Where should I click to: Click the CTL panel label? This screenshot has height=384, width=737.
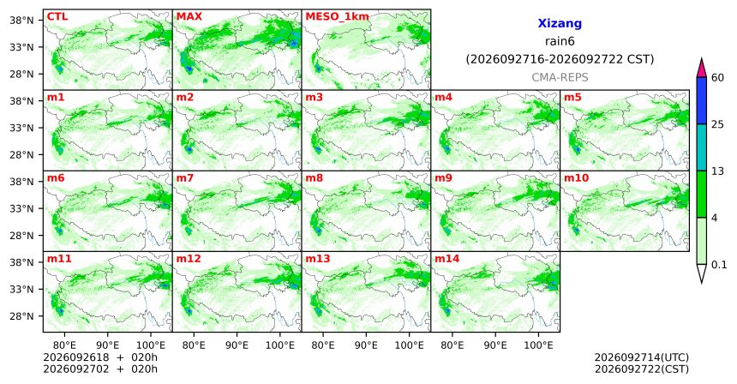coord(57,16)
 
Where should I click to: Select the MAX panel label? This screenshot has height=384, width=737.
coord(189,16)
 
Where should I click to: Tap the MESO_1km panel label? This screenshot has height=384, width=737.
coord(337,17)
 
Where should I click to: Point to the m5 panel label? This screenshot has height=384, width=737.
coord(572,98)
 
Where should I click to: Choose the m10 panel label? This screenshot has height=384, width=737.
coord(576,178)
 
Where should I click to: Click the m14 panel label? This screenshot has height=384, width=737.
coord(447,259)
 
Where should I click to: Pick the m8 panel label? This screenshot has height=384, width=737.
coord(314,178)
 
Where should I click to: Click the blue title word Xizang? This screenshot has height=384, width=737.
coord(560,23)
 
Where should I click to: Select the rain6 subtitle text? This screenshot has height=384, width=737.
coord(560,41)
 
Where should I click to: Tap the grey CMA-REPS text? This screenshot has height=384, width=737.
coord(560,77)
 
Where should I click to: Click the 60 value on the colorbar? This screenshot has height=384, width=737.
coord(717,77)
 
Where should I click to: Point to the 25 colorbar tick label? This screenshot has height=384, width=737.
coord(717,124)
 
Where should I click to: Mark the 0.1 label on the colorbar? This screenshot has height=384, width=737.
coord(719,265)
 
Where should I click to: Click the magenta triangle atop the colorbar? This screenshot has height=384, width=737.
coord(702,68)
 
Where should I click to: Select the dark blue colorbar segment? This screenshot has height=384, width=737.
coord(702,100)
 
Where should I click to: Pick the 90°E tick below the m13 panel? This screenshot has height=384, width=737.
coord(366,346)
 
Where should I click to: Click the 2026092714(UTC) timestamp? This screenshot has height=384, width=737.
coord(642,358)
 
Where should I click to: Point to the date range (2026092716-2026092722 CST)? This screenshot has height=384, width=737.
coord(560,60)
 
